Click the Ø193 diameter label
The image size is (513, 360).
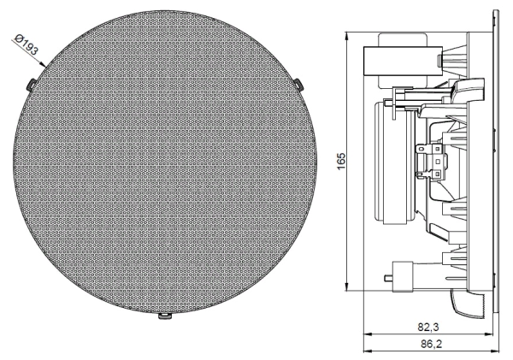pyautogui.click(x=28, y=44)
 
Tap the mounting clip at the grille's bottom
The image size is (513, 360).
pyautogui.click(x=164, y=318)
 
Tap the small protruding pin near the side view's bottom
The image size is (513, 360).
pyautogui.click(x=390, y=280)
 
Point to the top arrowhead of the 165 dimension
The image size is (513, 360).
pyautogui.click(x=347, y=37)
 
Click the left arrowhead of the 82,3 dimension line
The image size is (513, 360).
pyautogui.click(x=367, y=333)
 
